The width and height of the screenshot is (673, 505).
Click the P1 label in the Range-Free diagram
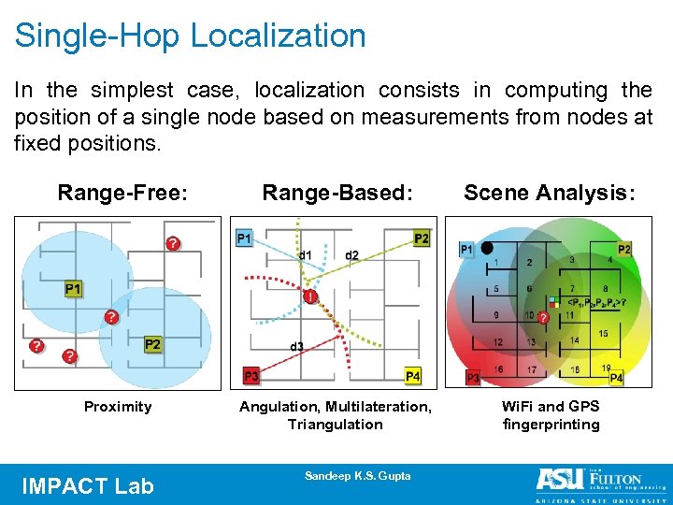click(x=73, y=290)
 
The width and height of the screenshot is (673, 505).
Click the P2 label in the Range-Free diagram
click(x=152, y=345)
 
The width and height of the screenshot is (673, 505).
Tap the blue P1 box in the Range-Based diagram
click(x=245, y=238)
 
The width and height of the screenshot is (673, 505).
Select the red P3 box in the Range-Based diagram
click(x=251, y=376)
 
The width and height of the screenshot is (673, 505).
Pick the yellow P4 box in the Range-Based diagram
click(x=412, y=376)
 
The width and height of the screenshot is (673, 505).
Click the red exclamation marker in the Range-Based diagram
click(x=309, y=297)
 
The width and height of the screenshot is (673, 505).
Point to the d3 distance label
click(x=295, y=347)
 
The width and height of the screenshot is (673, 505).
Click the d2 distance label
click(x=351, y=255)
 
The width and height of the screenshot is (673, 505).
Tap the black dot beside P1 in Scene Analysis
click(x=487, y=248)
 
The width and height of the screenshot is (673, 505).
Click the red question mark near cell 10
click(x=542, y=318)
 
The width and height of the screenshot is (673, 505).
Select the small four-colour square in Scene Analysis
click(x=552, y=302)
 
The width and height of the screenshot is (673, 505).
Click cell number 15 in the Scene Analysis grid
click(x=603, y=334)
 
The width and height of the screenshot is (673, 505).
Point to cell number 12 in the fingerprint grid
click(x=498, y=342)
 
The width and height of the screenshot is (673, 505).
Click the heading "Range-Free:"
click(x=122, y=193)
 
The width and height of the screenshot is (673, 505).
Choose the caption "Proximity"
click(x=118, y=406)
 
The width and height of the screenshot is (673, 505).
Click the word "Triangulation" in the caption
click(x=336, y=425)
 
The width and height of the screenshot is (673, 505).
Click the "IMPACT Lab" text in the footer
click(x=87, y=485)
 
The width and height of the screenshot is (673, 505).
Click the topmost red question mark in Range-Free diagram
click(x=173, y=243)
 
